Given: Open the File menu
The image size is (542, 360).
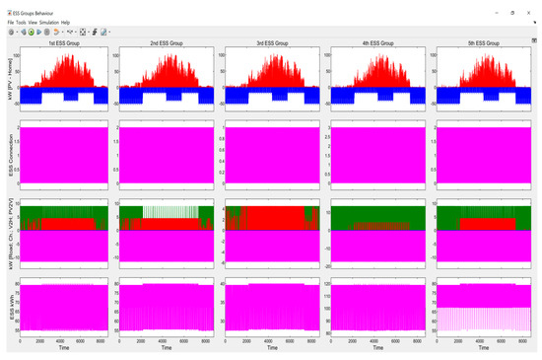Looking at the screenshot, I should coord(11,22).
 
